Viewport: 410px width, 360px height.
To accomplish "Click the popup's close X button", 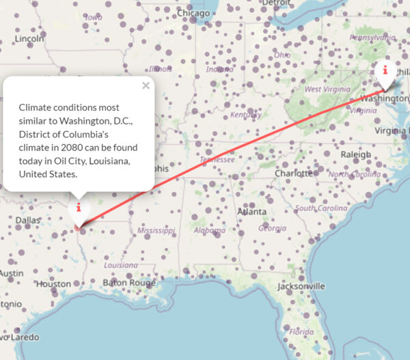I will [x=146, y=86].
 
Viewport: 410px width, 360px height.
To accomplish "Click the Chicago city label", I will [x=193, y=13].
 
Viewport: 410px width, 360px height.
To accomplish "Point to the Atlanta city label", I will [x=251, y=212].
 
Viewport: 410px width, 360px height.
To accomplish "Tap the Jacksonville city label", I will [x=301, y=286].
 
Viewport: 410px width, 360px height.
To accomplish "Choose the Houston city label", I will [x=53, y=283].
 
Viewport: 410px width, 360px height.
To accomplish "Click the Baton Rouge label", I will [x=129, y=283].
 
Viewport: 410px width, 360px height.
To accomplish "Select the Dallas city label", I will [x=28, y=221].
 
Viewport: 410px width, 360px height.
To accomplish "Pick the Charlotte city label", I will [x=293, y=174].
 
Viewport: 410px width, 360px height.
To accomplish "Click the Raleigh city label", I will [x=355, y=154].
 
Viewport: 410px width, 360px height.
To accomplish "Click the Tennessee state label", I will [x=217, y=160].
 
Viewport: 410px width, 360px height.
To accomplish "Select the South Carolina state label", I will [x=320, y=208].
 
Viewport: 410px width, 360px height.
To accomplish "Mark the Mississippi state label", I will [x=155, y=231].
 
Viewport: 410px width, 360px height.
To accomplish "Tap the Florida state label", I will [x=301, y=332].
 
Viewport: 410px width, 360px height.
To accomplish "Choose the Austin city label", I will [x=11, y=273].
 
